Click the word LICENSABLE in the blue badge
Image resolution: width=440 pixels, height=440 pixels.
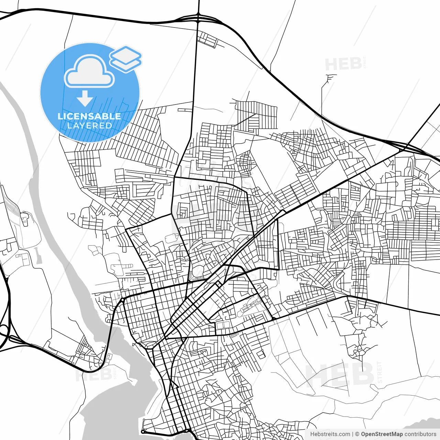tap(89, 116)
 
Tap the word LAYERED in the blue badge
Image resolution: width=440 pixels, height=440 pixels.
tap(89, 125)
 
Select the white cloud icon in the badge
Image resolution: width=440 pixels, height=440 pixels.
tap(89, 71)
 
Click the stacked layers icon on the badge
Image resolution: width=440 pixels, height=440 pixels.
tap(126, 58)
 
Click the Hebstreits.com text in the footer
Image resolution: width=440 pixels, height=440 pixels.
tap(330, 434)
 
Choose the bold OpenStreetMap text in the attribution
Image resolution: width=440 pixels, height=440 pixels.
tap(382, 434)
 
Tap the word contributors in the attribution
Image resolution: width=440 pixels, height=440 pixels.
tap(420, 434)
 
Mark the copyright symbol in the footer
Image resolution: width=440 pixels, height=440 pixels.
tap(357, 434)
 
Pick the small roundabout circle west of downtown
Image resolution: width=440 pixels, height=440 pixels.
tap(122, 300)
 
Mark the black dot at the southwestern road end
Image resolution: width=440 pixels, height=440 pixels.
tap(143, 431)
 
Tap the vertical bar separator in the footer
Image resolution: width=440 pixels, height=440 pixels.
tap(353, 434)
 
